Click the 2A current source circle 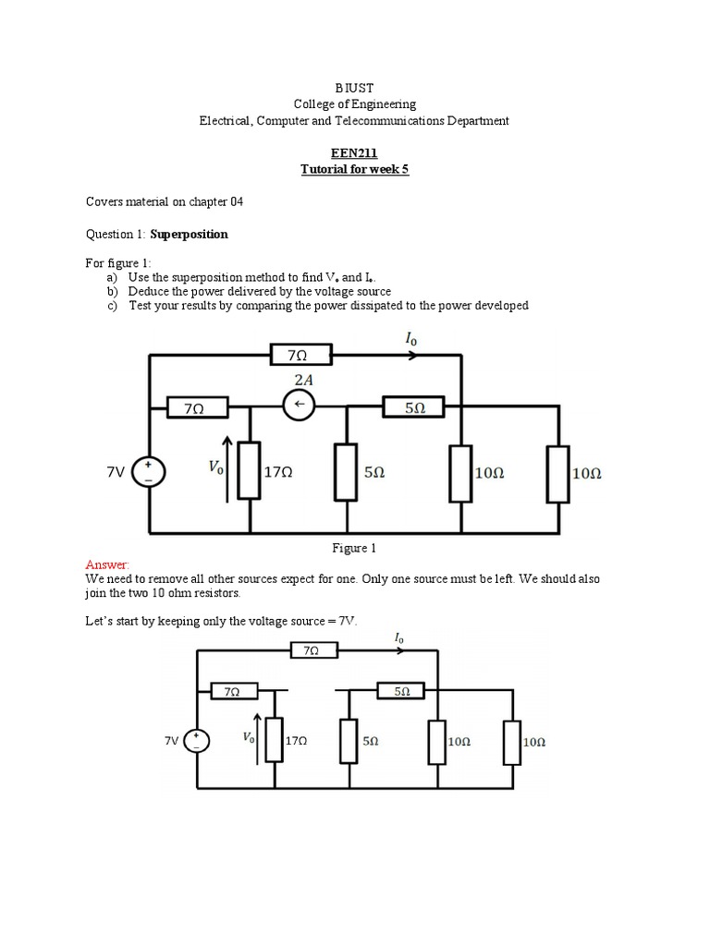coord(299,406)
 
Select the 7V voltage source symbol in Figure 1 coord(149,473)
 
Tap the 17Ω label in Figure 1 coord(278,472)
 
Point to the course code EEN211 coord(354,153)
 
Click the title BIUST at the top coord(354,88)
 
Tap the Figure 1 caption coord(354,548)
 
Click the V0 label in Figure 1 coord(215,468)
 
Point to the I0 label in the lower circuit coord(399,637)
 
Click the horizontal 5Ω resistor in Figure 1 coord(414,406)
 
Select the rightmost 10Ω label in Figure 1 coord(587,472)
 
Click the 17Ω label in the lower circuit coord(296,740)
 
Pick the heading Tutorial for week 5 coord(354,169)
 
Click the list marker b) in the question coord(112,291)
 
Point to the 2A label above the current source coord(302,379)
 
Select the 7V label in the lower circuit coord(173,740)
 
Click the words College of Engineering coord(354,104)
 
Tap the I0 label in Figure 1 coord(411,340)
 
